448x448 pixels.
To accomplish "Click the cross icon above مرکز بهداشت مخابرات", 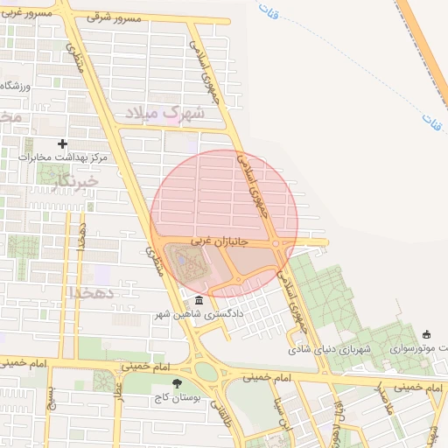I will (62, 143).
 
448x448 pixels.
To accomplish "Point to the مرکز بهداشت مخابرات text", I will (62, 157).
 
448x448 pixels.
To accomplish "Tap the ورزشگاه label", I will (17, 86).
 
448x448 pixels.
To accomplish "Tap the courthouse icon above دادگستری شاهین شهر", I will (199, 301).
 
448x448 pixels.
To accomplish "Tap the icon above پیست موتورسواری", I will (426, 334).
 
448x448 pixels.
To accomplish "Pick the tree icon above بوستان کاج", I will (178, 383).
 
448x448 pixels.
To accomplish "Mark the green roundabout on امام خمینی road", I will (206, 371).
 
